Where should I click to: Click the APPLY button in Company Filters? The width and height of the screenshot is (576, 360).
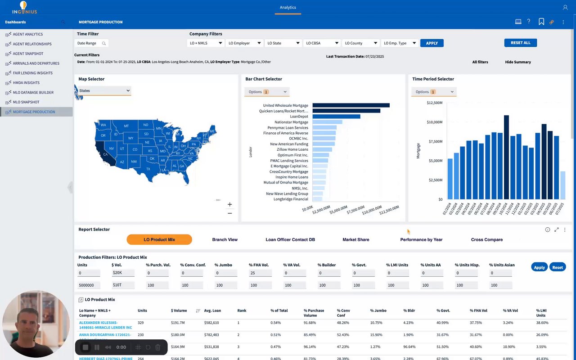click(432, 43)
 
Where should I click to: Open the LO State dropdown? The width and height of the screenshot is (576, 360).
click(283, 43)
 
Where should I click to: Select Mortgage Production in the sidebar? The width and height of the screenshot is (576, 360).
click(34, 112)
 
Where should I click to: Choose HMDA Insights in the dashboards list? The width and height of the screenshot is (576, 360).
click(26, 83)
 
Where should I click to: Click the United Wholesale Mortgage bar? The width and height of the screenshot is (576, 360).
click(351, 105)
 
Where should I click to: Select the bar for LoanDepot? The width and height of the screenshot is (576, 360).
click(336, 117)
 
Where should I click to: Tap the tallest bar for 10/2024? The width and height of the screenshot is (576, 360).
click(506, 157)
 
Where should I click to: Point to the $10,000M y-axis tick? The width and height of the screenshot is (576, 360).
click(435, 122)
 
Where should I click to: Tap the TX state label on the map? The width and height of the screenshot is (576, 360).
click(148, 169)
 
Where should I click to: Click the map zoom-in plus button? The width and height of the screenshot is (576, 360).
click(230, 204)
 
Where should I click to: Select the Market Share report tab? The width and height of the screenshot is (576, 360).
click(355, 240)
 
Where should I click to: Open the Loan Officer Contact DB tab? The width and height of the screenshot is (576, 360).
click(290, 240)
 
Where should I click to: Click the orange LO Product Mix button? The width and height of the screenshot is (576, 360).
click(159, 240)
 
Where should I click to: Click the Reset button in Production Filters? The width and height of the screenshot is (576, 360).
click(557, 267)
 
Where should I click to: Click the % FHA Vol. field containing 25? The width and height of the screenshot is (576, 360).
click(260, 273)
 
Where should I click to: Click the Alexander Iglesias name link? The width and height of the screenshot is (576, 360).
click(98, 323)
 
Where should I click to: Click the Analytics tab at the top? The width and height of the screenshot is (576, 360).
click(288, 8)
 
